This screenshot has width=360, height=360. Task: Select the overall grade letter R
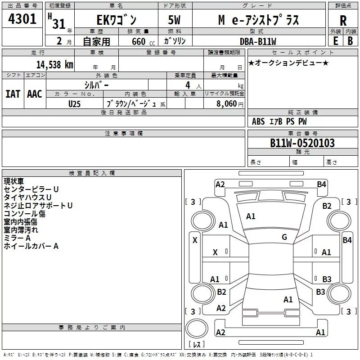(343, 20)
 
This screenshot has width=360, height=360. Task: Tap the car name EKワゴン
(116, 20)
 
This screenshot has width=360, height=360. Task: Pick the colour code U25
(75, 103)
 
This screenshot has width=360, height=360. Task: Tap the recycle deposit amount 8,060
(227, 103)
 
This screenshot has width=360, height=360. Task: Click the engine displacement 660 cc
(138, 41)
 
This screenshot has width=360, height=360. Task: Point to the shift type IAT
(13, 94)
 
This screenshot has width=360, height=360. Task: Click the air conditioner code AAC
(35, 94)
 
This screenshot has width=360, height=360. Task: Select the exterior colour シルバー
(96, 85)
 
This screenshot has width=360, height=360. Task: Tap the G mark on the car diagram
(284, 237)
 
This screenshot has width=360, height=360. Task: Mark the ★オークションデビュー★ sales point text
(288, 63)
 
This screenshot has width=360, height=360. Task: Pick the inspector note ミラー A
(17, 238)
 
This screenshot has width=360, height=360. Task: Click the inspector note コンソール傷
(25, 214)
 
